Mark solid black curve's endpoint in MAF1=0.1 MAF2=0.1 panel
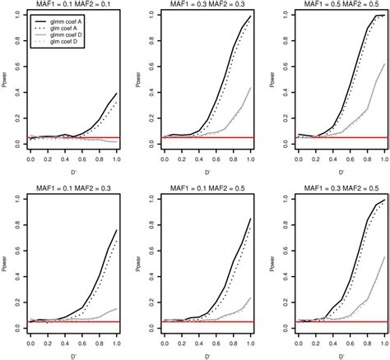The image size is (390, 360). pyautogui.click(x=116, y=91)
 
